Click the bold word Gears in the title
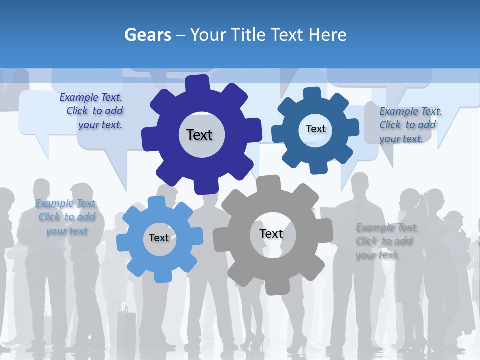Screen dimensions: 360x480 tap(148, 35)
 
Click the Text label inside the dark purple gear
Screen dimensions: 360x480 tap(199, 135)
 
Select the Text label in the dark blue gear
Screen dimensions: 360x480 tap(315, 129)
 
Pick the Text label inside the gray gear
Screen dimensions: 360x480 tap(271, 233)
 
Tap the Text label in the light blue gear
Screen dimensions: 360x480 tap(159, 238)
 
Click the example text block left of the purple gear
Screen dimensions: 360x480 tap(92, 111)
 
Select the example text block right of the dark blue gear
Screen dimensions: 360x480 tap(410, 125)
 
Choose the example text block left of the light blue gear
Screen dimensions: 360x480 tap(66, 217)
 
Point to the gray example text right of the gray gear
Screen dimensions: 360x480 tap(386, 241)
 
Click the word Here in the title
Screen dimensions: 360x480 tap(327, 35)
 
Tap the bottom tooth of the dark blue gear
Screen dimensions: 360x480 tap(318, 167)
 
